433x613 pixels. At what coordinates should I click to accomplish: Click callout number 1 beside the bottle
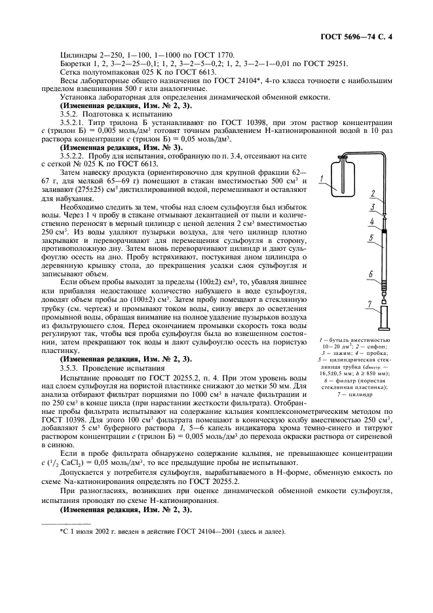pyautogui.click(x=322, y=178)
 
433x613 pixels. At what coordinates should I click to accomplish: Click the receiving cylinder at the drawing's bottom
pyautogui.click(x=383, y=320)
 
